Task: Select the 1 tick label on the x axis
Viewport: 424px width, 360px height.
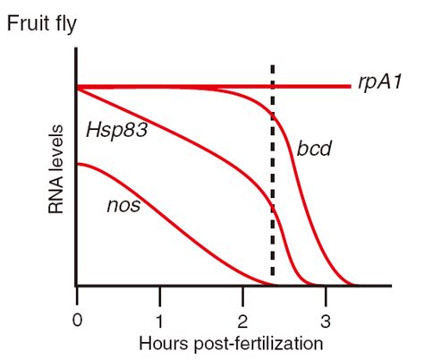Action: click(160, 320)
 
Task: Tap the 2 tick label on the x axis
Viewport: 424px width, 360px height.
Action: click(242, 320)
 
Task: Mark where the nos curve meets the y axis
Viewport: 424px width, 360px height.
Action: click(79, 164)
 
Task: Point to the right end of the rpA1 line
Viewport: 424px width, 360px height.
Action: click(349, 86)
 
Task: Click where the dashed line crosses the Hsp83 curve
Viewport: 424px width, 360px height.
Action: click(272, 209)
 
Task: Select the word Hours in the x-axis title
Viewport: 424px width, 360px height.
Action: click(159, 343)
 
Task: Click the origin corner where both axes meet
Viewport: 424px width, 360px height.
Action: click(79, 287)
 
